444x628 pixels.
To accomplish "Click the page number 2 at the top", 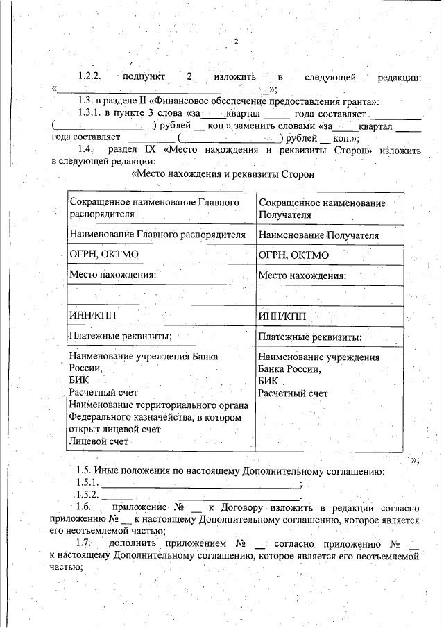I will (237, 42).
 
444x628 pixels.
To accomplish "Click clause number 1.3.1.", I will (90, 114).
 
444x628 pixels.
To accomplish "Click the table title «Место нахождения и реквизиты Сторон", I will (223, 174).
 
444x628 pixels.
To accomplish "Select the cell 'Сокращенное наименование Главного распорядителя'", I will (159, 207).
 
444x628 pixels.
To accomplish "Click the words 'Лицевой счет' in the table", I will (99, 441).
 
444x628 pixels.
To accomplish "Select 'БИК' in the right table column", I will (268, 381).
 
